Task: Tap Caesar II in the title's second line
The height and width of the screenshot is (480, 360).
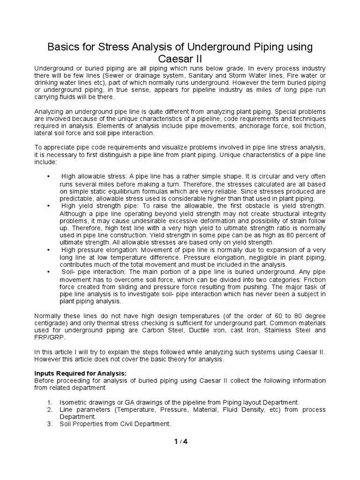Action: (180, 60)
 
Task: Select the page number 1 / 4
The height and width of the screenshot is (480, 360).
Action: (180, 441)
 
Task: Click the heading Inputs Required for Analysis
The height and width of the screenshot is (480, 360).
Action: (81, 373)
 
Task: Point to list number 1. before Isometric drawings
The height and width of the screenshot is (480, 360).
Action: (51, 402)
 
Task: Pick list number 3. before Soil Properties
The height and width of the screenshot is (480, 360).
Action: (51, 424)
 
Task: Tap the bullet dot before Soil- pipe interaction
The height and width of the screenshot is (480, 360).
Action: (49, 272)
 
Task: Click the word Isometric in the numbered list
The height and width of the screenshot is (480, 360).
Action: (74, 402)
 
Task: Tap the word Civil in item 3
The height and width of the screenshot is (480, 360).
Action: (121, 424)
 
